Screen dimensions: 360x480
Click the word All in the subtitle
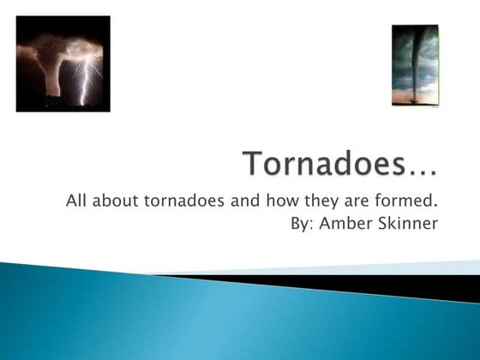point(76,202)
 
